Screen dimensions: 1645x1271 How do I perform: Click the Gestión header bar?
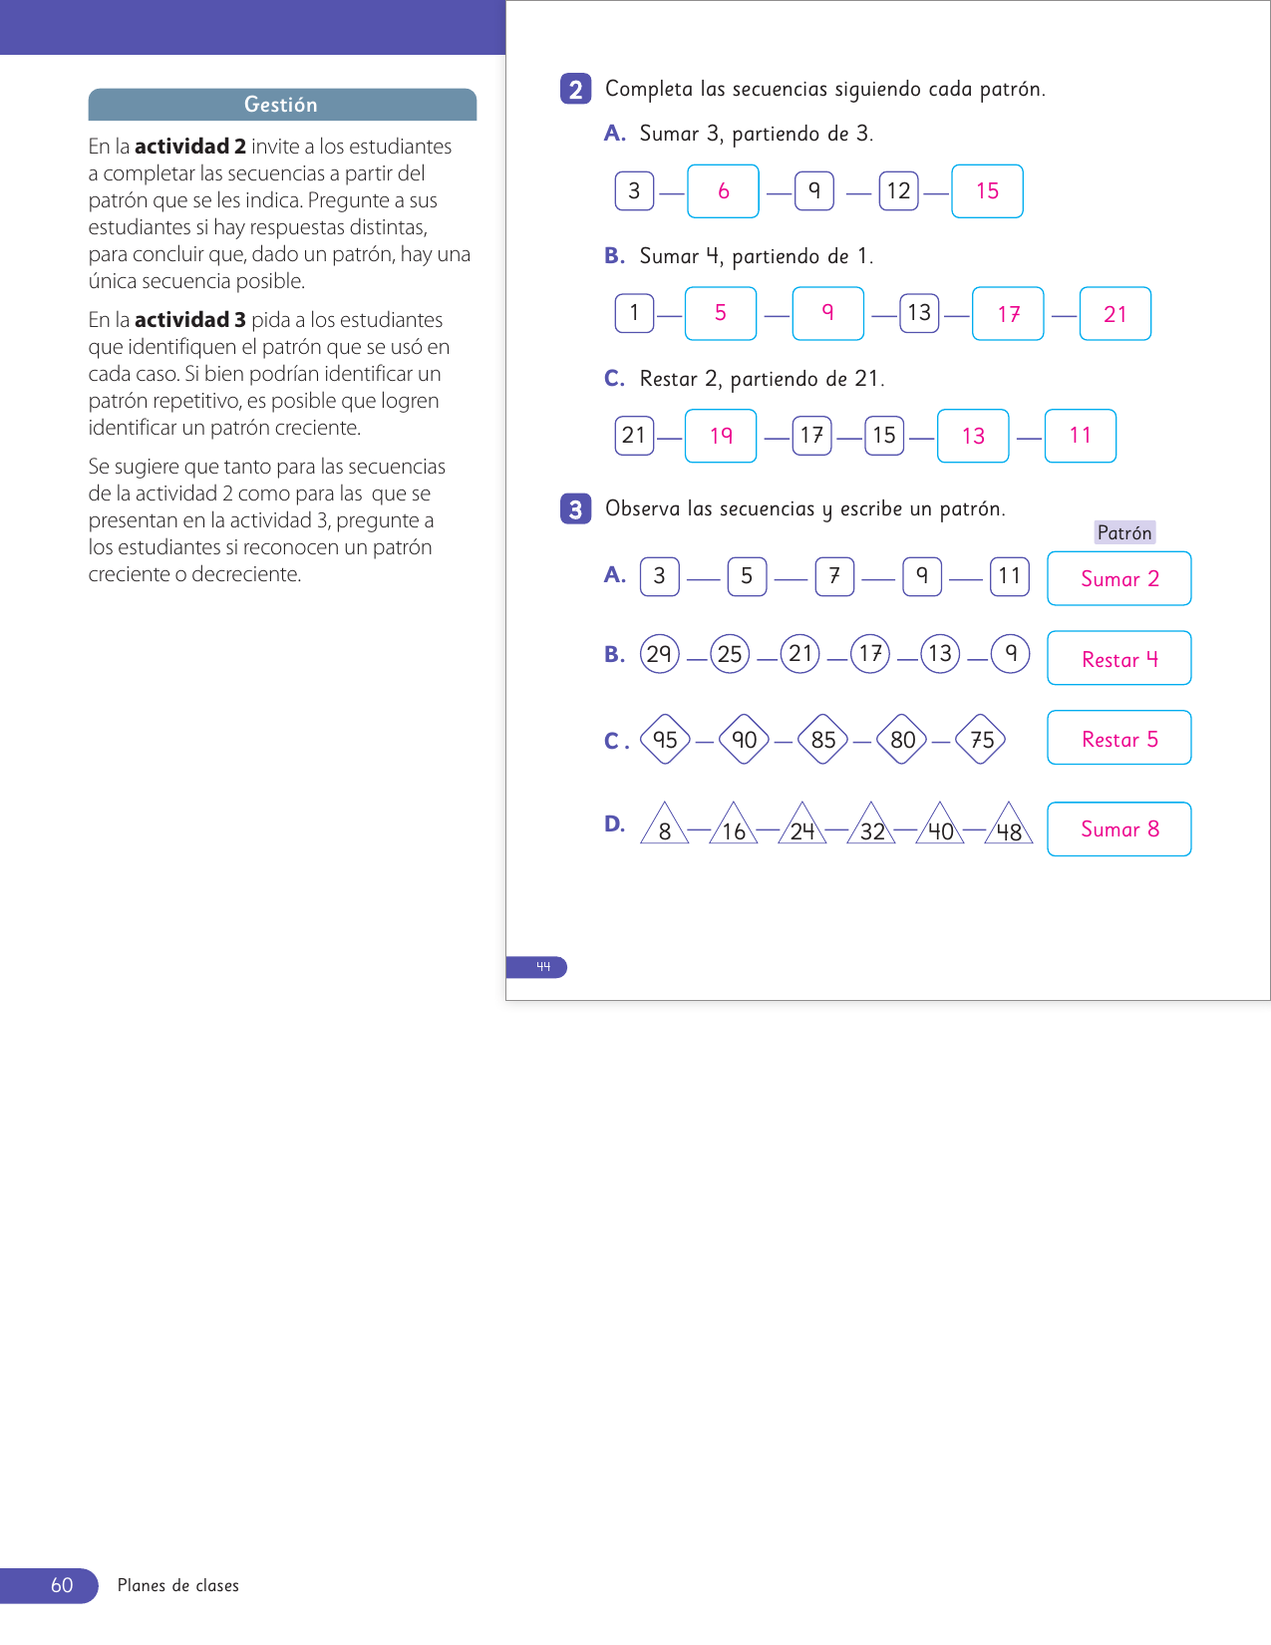[282, 105]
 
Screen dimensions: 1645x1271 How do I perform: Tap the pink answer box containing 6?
[723, 191]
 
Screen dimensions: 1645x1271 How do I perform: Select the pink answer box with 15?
[987, 191]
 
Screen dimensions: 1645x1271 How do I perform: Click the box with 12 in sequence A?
[898, 191]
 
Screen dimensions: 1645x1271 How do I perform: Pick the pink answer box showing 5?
[720, 314]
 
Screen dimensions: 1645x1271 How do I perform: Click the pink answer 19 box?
[721, 436]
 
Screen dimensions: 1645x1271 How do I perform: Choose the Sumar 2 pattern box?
[1118, 578]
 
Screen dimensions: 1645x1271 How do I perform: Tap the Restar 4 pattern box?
[1118, 658]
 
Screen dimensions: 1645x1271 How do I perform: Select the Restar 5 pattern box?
[1118, 738]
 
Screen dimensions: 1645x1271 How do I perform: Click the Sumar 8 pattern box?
[1118, 828]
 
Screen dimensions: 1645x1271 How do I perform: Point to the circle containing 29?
[659, 654]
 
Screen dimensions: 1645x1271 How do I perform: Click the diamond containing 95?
[665, 740]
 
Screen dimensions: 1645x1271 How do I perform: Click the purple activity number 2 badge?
[575, 89]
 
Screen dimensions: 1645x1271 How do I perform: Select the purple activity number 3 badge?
[575, 509]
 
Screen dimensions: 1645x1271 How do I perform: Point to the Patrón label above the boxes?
[1123, 532]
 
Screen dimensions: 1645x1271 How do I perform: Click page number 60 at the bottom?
[62, 1585]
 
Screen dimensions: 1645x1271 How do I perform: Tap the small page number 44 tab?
[542, 967]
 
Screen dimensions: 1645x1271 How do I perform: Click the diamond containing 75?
[982, 740]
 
